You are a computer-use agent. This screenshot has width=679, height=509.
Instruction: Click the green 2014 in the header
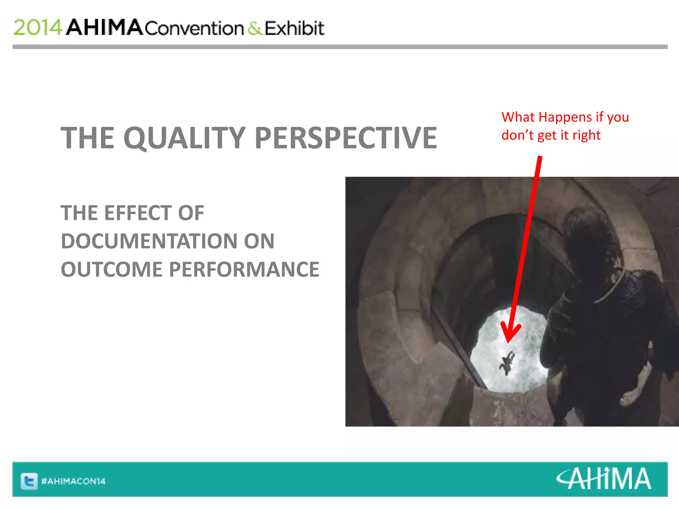coord(37,28)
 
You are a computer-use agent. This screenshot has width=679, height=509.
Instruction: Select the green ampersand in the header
coord(255,28)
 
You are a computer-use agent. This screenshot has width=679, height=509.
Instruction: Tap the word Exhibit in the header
coord(294,28)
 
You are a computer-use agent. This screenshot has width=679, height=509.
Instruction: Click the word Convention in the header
coord(194,28)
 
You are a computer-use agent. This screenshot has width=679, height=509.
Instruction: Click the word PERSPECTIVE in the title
coord(346,138)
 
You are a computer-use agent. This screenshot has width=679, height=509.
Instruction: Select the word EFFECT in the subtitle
coord(139,213)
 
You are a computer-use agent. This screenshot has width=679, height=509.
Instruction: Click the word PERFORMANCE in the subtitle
coord(244,269)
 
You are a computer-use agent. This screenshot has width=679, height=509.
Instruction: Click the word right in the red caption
coord(586,135)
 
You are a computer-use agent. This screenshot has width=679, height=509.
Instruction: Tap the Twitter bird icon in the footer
coord(29,481)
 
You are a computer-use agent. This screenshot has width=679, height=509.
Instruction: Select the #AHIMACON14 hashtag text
coord(73,481)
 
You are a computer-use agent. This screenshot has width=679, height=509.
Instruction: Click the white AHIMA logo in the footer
coord(603,479)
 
